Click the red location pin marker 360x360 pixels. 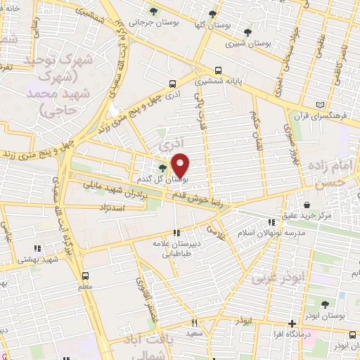181,165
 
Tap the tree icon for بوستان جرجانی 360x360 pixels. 153,11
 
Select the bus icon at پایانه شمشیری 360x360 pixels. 219,70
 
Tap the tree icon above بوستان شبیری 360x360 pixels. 247,32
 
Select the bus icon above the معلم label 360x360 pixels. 86,275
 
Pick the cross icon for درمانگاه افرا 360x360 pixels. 292,324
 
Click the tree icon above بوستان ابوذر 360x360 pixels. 324,304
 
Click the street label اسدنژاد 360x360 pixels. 108,209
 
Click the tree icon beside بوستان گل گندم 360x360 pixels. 163,167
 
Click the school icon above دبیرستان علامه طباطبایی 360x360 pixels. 177,233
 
